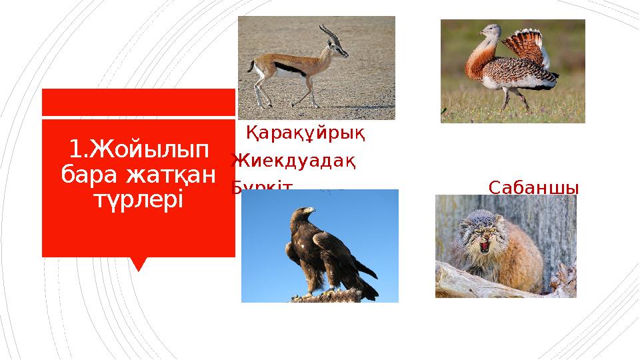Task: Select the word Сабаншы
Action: pyautogui.click(x=533, y=187)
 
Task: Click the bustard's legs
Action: pyautogui.click(x=513, y=100)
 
